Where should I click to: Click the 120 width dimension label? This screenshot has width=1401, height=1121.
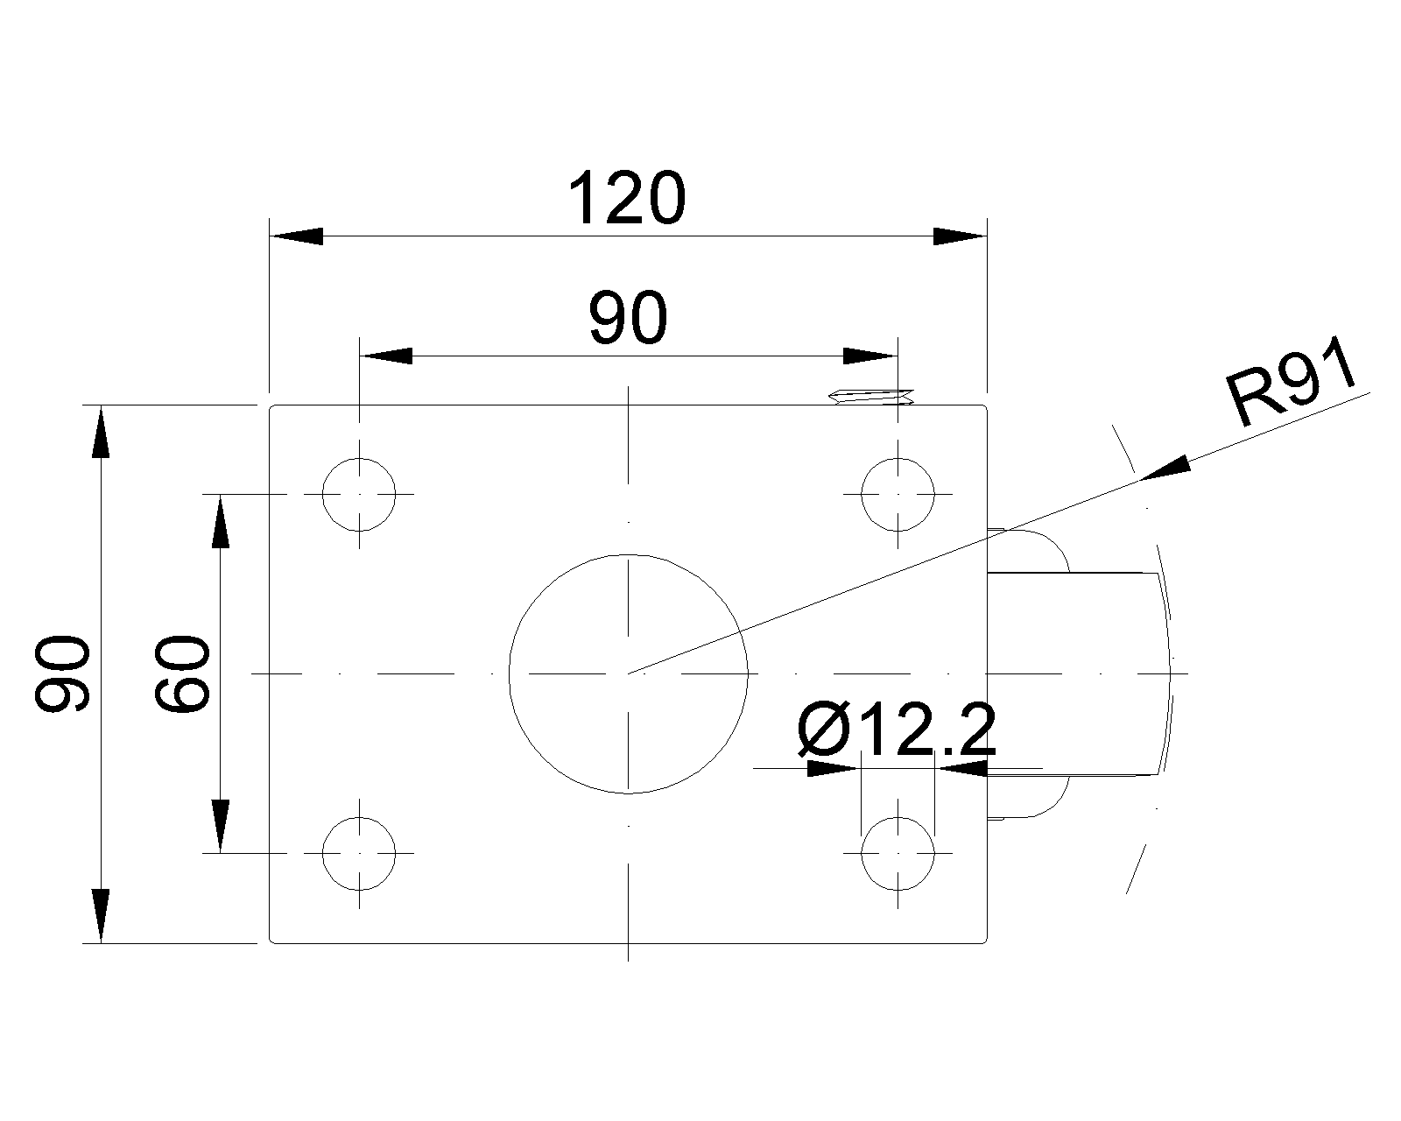[627, 200]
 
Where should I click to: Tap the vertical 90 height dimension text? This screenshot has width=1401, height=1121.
[62, 673]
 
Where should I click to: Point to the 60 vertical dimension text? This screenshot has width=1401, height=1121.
[182, 673]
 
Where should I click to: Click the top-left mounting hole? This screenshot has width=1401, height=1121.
[359, 494]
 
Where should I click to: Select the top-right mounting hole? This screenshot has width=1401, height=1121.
[898, 494]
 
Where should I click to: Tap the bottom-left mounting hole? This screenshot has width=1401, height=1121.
[359, 853]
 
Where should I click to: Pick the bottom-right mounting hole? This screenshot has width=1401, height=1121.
[898, 853]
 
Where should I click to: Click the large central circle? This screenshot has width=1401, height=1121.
[628, 673]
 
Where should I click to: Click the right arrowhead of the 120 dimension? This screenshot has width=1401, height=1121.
[960, 236]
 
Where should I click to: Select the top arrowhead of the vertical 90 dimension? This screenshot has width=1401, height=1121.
[101, 433]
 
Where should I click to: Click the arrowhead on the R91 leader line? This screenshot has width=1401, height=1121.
[1166, 469]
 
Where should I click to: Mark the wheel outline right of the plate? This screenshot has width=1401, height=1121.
[1077, 673]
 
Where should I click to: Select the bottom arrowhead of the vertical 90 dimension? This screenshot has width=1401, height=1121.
[101, 915]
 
